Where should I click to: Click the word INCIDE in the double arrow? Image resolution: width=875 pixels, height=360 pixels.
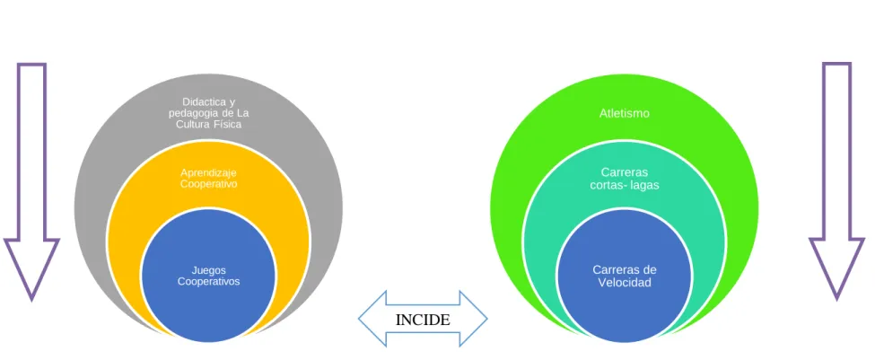[423, 320]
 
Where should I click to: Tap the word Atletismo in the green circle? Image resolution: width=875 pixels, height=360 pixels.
[625, 113]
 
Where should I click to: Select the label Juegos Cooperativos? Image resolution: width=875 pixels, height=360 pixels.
[209, 276]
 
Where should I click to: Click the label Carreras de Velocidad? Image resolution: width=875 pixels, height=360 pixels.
[625, 276]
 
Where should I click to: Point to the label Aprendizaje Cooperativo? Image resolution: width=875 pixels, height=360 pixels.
[209, 178]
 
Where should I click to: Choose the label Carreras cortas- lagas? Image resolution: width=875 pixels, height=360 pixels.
[625, 178]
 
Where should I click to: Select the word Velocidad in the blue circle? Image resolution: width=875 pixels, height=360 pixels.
[625, 283]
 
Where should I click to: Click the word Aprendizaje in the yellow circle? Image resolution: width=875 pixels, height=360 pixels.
[209, 172]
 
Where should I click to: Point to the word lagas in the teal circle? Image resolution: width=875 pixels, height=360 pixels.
[644, 185]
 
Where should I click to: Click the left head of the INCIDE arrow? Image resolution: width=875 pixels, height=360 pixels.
[372, 319]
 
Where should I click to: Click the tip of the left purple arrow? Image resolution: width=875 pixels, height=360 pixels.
[31, 300]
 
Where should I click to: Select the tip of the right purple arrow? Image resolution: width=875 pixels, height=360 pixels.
[836, 300]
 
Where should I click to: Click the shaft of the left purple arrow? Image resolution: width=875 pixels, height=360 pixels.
[31, 152]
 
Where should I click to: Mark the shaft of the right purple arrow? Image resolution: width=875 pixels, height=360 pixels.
[836, 151]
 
